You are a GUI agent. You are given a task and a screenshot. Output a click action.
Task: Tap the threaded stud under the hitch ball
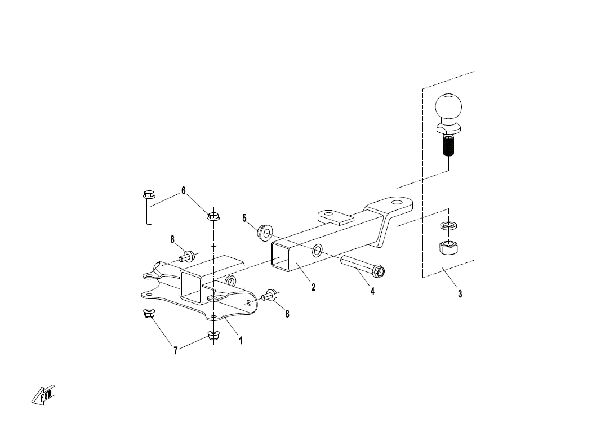coord(448,145)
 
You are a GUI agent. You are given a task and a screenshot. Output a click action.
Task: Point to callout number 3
coord(460,294)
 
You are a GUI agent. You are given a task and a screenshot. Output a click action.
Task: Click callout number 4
coord(372,291)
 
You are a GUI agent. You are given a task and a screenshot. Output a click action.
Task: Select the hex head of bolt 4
coord(379,270)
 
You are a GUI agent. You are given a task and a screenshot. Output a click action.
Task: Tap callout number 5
coord(244,218)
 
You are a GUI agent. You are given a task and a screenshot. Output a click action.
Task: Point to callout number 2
coord(313,287)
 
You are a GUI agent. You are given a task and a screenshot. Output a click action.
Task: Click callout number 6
coord(183,191)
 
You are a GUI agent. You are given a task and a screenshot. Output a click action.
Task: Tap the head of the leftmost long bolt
coord(148,195)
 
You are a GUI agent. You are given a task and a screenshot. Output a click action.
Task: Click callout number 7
coord(175,351)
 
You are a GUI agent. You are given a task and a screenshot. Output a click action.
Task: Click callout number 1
coord(241,341)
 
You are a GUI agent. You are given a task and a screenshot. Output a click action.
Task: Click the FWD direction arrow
coord(43,394)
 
